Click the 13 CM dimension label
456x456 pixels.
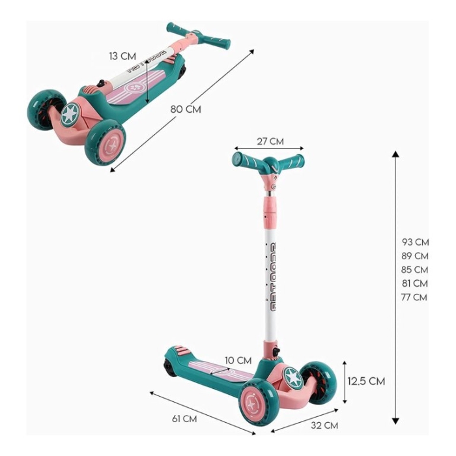(122, 56)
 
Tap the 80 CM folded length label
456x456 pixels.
(186, 109)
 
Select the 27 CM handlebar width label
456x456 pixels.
(270, 141)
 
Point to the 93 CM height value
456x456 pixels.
(416, 242)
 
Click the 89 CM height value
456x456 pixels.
(415, 256)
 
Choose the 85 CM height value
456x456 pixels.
(415, 270)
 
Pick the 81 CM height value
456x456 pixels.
(415, 283)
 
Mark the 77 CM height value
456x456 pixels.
(414, 297)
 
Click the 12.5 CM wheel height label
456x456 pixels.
(366, 381)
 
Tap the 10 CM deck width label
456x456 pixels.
(238, 361)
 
